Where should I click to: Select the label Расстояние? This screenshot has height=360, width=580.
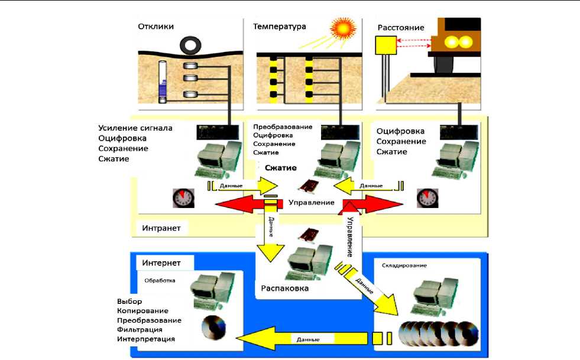(400, 27)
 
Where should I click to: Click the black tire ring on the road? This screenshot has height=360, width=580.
(191, 44)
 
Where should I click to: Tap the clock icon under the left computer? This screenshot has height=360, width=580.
(183, 197)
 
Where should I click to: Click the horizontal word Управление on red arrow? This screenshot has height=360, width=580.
(312, 203)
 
